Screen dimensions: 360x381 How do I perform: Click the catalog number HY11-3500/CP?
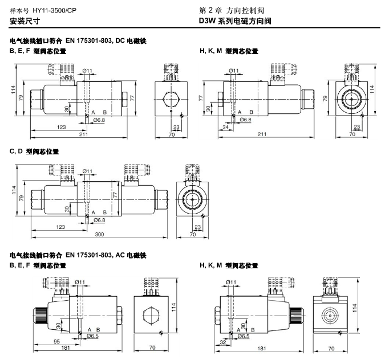coord(55,10)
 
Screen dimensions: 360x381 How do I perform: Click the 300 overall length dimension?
coord(99,234)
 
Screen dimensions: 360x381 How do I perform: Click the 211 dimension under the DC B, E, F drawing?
coord(83,134)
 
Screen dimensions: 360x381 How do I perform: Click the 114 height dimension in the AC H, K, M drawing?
coord(355,307)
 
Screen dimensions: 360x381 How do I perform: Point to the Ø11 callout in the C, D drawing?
coord(88,171)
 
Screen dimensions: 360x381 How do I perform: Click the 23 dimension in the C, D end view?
coord(197,227)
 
